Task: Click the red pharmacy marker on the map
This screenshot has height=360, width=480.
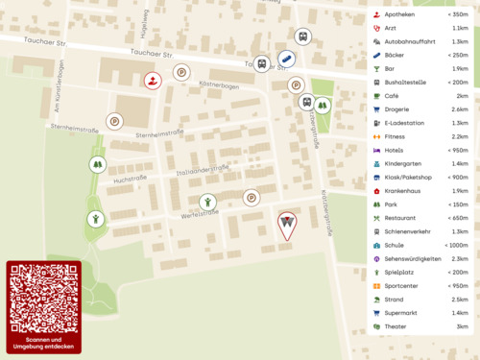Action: tap(153, 80)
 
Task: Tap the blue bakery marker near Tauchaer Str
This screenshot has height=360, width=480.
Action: tap(286, 60)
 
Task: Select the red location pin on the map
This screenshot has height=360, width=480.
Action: tap(286, 224)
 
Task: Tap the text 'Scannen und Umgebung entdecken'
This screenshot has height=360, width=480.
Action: tap(43, 344)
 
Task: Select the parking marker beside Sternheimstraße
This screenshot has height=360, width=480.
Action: tap(114, 121)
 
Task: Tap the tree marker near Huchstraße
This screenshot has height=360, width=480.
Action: tap(97, 164)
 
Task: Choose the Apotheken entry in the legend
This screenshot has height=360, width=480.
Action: tap(399, 15)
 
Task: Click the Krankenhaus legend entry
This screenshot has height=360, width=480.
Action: tap(403, 191)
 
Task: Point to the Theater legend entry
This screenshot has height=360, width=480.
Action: tap(396, 326)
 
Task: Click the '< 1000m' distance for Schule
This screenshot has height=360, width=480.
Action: tap(455, 245)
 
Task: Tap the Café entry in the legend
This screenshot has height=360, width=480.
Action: tap(392, 96)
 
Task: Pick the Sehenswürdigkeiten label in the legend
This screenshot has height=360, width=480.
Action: tap(413, 259)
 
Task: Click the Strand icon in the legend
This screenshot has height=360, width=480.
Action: tap(375, 300)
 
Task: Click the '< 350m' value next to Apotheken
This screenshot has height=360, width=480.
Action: tap(457, 15)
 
